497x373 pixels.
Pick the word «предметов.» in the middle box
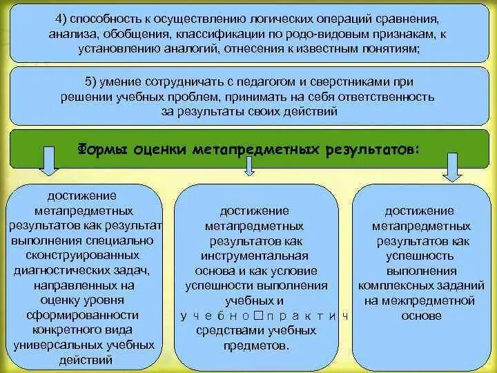click(254, 346)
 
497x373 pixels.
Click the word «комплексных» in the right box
click(390, 285)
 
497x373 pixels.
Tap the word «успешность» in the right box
click(421, 256)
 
